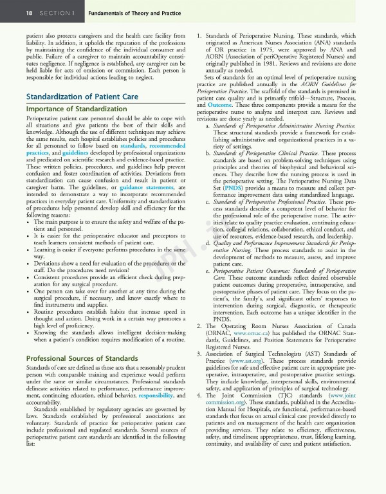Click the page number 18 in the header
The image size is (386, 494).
point(12,12)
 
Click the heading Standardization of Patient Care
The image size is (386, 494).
point(78,96)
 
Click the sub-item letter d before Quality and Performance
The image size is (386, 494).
point(207,243)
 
